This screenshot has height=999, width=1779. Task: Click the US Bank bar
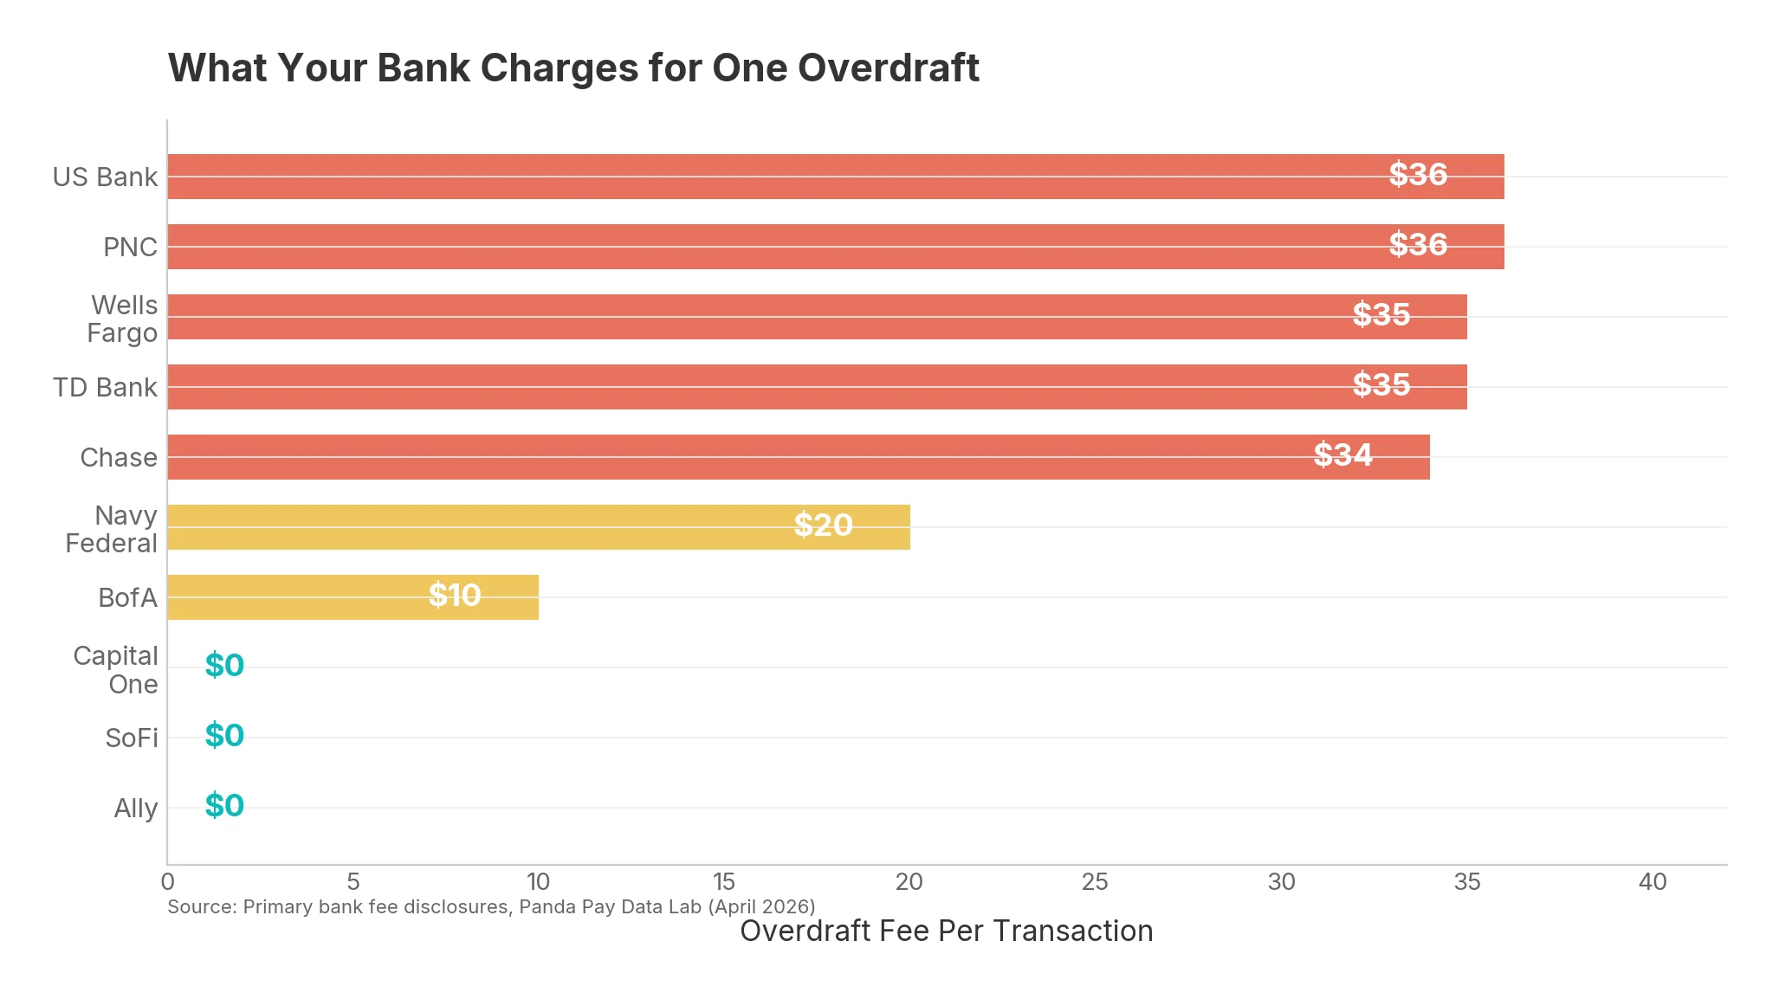coord(780,177)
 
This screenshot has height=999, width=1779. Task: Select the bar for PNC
coord(780,247)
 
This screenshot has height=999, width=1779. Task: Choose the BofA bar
coord(303,597)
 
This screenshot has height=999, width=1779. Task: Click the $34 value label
coord(1342,455)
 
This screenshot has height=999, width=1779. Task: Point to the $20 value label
coord(823,525)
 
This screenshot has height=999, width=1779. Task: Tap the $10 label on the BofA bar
coord(455,596)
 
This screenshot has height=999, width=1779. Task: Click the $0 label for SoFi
coord(224,736)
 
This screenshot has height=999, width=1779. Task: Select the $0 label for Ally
coord(224,806)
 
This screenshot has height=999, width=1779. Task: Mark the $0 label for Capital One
coord(224,666)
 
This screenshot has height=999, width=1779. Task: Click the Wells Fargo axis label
coord(123,319)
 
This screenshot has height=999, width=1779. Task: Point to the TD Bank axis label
coord(105,388)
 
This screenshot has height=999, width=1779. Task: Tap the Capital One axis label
coord(116,670)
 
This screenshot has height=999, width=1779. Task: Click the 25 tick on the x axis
coord(1095,882)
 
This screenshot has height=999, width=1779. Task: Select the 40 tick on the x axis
coord(1653,882)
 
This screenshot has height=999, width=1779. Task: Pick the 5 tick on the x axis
coord(353,882)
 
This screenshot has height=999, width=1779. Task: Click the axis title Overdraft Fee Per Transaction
coord(946,931)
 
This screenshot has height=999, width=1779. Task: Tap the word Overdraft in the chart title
coord(889,68)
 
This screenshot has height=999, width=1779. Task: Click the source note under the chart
coord(491,907)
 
